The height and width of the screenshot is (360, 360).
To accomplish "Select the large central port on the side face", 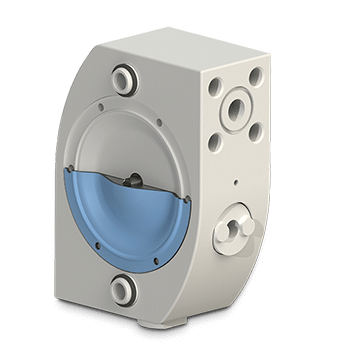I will (240, 107).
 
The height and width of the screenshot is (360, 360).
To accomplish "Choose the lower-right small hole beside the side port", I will (258, 127).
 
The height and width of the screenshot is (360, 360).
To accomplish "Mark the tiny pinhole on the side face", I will (234, 183).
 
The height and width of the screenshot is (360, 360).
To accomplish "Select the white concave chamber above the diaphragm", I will (135, 140).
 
